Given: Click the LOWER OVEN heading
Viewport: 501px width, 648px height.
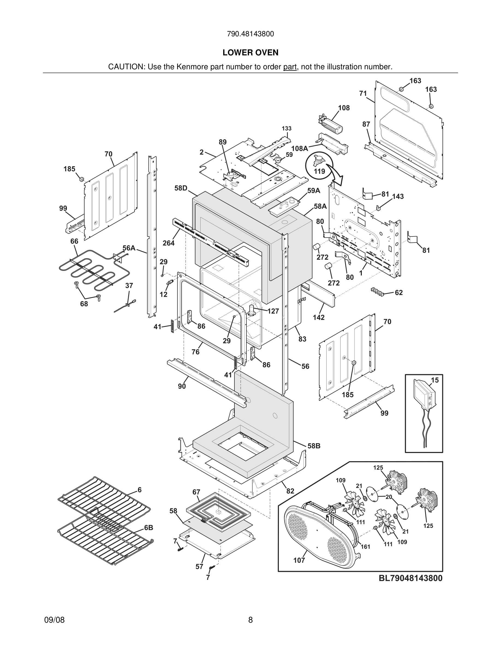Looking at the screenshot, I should pyautogui.click(x=250, y=53).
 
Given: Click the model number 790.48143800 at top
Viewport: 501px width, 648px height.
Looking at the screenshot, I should pyautogui.click(x=250, y=34).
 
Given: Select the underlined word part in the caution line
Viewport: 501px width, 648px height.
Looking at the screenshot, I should pyautogui.click(x=290, y=67).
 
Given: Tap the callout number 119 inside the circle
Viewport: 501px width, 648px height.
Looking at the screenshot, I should pyautogui.click(x=319, y=171).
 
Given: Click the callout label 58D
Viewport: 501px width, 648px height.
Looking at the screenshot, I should pyautogui.click(x=181, y=188).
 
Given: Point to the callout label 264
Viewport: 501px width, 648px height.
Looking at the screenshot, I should pyautogui.click(x=169, y=243).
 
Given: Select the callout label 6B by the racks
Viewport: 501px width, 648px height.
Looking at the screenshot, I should pyautogui.click(x=148, y=527).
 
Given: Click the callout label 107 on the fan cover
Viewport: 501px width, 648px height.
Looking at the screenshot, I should pyautogui.click(x=299, y=560).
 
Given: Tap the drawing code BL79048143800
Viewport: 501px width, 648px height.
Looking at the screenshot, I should pyautogui.click(x=410, y=578).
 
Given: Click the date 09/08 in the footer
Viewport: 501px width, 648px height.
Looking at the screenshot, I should pyautogui.click(x=54, y=620).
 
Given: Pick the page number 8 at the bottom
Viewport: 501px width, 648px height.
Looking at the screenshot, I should pyautogui.click(x=250, y=620).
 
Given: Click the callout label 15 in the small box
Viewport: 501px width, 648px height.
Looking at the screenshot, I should pyautogui.click(x=434, y=380).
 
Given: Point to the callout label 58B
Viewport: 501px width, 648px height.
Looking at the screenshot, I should pyautogui.click(x=314, y=446).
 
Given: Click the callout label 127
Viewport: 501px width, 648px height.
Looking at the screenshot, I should pyautogui.click(x=273, y=311).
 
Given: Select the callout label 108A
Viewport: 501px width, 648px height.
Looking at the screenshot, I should pyautogui.click(x=299, y=148).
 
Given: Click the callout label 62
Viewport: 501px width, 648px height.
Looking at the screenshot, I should pyautogui.click(x=399, y=293).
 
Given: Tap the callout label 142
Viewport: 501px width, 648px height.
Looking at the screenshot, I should pyautogui.click(x=318, y=317).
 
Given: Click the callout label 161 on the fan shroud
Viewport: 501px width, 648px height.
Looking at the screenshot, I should pyautogui.click(x=365, y=546).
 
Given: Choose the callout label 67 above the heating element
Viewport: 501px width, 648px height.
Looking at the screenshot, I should pyautogui.click(x=196, y=492).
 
